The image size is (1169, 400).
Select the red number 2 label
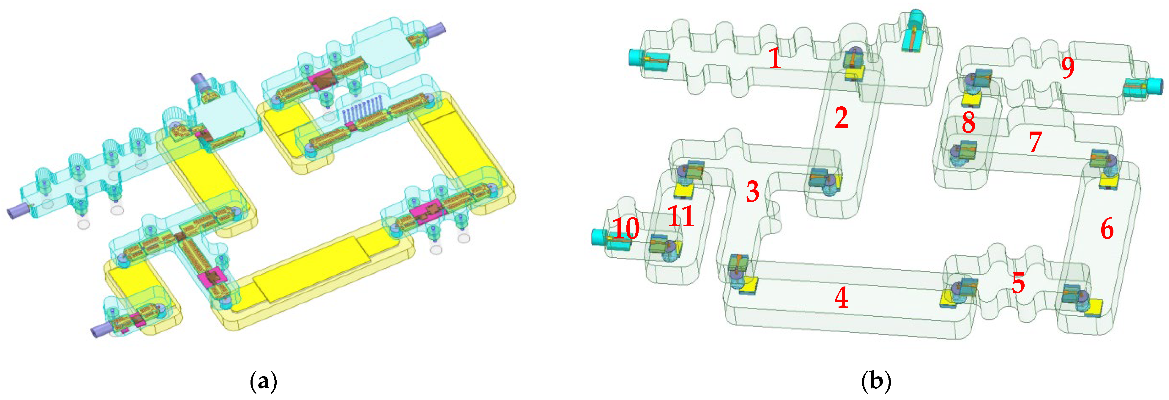click(x=841, y=118)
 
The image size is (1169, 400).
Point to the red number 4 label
click(x=841, y=298)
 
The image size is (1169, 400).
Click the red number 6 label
click(x=1107, y=229)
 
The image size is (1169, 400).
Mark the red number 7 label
click(x=1035, y=143)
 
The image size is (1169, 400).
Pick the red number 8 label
click(x=968, y=122)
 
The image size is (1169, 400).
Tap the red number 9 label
click(x=1068, y=68)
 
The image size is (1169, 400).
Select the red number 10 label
click(x=626, y=228)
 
